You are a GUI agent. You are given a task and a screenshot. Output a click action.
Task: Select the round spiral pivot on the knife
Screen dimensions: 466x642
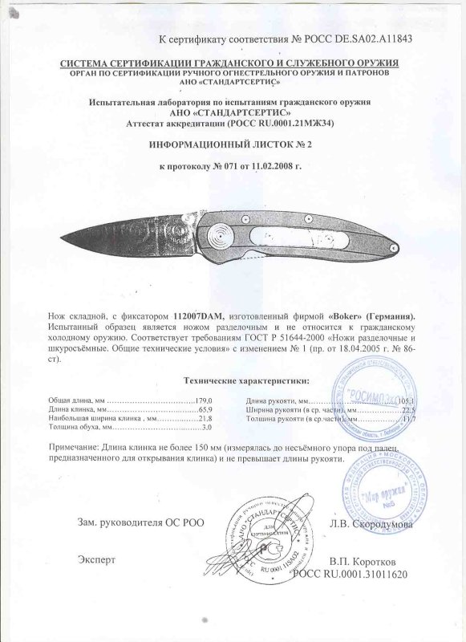217,235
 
